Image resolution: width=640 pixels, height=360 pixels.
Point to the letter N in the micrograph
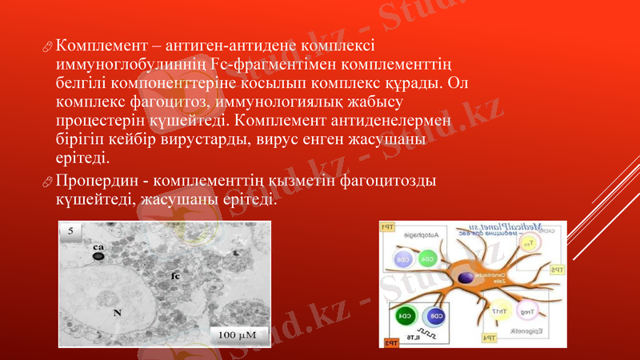click(117, 314)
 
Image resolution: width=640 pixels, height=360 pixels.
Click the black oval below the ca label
click(98, 258)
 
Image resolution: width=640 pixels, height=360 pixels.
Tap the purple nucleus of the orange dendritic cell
click(465, 278)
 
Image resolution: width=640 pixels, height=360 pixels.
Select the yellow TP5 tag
click(557, 270)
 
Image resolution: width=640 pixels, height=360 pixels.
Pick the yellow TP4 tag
click(488, 338)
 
